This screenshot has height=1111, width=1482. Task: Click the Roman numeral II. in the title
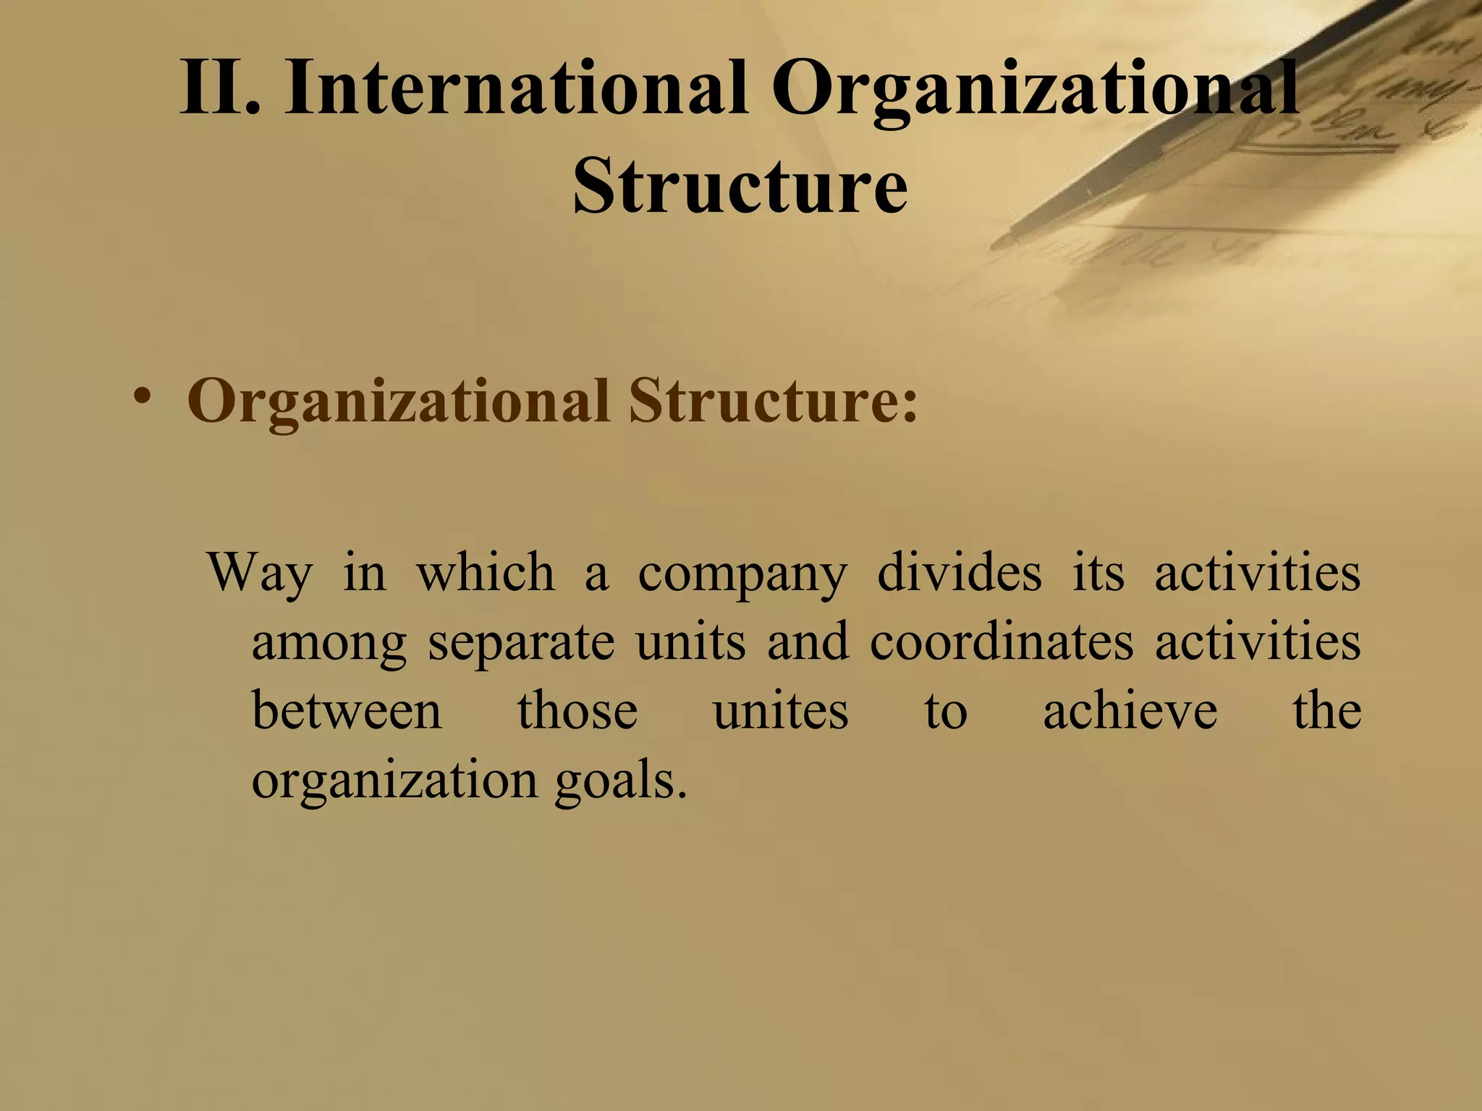click(219, 89)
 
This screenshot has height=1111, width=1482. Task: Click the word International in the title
click(516, 89)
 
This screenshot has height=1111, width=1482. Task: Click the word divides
click(960, 572)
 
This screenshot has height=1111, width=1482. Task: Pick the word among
click(329, 643)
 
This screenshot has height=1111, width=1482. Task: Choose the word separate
click(521, 643)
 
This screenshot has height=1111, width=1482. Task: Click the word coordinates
click(1002, 642)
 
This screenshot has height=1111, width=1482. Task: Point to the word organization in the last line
click(394, 781)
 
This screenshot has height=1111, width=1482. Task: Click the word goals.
click(620, 781)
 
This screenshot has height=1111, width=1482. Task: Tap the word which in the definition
click(486, 572)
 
